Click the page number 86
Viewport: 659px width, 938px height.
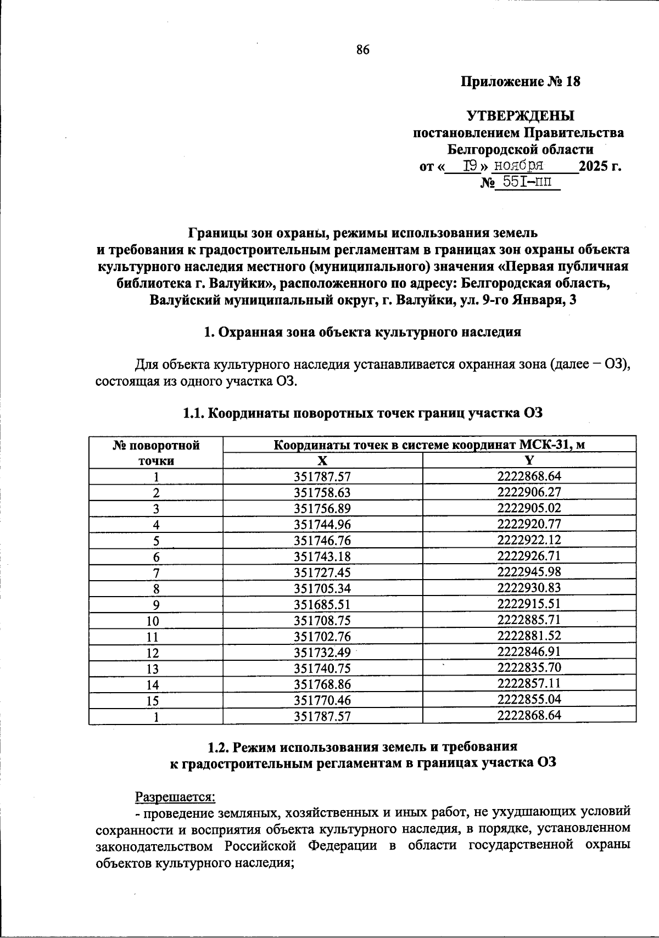tap(363, 50)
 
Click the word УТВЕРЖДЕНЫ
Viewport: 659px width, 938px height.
tap(520, 116)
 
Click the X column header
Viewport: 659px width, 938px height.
tap(322, 460)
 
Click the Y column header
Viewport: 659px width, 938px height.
tap(529, 460)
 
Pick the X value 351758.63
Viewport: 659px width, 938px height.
tap(322, 492)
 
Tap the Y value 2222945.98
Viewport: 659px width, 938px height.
tap(529, 572)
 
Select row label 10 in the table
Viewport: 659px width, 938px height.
tap(156, 621)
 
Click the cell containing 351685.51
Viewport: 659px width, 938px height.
tap(322, 604)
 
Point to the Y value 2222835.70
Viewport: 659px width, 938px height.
tap(529, 667)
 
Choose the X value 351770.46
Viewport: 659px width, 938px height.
tap(322, 700)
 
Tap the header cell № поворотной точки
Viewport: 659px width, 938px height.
tap(156, 452)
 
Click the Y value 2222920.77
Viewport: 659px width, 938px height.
tap(529, 524)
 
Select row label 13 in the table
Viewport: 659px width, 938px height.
tap(156, 669)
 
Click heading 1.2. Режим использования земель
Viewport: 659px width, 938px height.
tap(362, 746)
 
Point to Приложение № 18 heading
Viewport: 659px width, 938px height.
tap(520, 82)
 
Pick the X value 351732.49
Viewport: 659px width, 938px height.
tap(322, 653)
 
